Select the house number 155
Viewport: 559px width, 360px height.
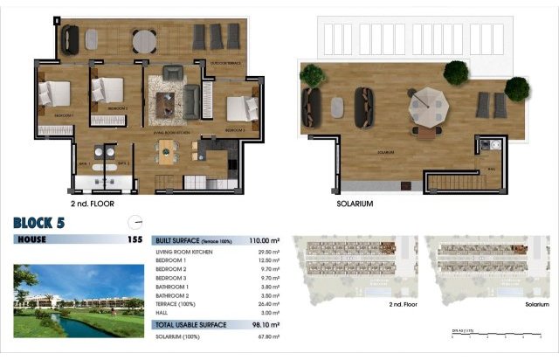point(135,239)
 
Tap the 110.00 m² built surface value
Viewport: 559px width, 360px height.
point(263,239)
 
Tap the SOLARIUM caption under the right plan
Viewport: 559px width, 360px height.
point(355,204)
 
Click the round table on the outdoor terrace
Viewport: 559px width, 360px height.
point(145,39)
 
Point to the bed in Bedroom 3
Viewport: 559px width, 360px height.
point(238,108)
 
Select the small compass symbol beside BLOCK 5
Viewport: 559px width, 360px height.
point(133,222)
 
